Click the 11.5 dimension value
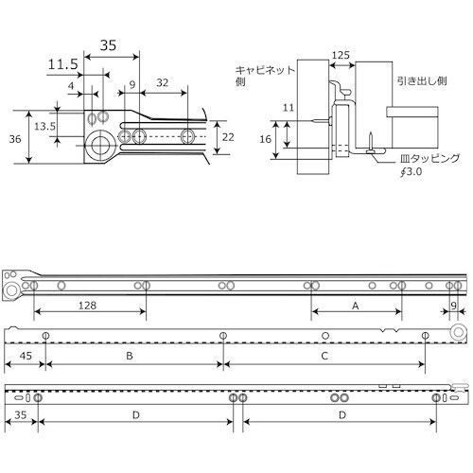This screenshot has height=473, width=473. point(63,64)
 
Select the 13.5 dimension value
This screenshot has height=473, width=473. point(44,127)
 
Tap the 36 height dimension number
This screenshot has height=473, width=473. point(15,139)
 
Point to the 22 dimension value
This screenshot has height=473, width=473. point(228,137)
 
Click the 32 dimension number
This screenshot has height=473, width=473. point(163,83)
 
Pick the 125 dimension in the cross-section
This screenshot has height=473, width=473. point(341,55)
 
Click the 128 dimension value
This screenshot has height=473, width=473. point(87,306)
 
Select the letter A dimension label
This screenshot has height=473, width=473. point(356,306)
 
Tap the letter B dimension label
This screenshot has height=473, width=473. point(130,356)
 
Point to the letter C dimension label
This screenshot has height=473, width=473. point(324,356)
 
